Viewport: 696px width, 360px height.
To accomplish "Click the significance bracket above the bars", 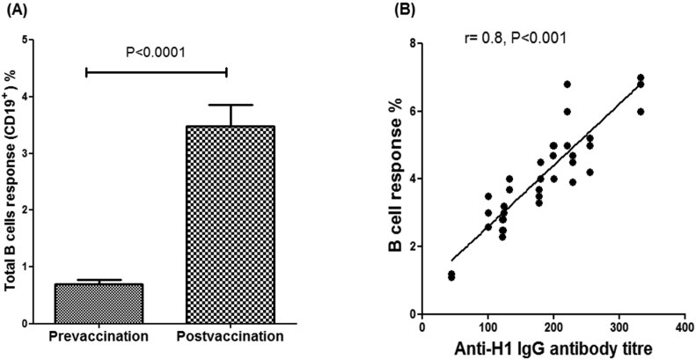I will pyautogui.click(x=157, y=71).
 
